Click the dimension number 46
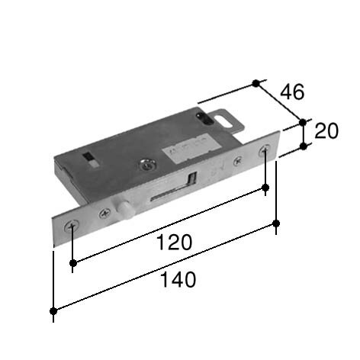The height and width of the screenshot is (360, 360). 292,92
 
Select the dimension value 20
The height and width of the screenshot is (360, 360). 326,131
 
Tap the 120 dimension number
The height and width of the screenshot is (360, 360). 174,243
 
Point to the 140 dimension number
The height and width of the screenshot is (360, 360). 178,280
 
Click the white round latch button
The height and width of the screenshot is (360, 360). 124,209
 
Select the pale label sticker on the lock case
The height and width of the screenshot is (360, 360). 193,148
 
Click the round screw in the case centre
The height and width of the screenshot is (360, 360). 147,165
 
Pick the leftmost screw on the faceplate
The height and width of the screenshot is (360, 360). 72,226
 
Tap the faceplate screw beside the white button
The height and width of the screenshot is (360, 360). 104,213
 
